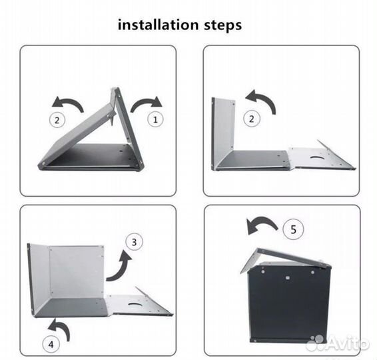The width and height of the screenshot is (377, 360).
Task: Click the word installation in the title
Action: pos(159,25)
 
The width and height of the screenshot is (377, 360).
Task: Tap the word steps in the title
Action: pos(223,26)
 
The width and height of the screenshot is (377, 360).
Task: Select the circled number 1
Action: pos(155,119)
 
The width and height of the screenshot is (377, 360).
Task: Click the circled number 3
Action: pos(134,242)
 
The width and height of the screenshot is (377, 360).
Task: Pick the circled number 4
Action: pos(51,345)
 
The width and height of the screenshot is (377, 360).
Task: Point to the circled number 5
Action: pos(293,229)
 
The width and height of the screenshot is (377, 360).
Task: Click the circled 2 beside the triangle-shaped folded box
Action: pos(57,120)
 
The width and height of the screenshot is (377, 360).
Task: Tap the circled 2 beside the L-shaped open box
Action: pos(252,119)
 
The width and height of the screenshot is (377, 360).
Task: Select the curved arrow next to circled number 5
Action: pos(261,223)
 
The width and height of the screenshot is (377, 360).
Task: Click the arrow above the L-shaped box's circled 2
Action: pos(263,100)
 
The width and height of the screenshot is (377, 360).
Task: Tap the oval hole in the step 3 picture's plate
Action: pos(135,305)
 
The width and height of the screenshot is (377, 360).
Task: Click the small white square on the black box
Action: pos(288,278)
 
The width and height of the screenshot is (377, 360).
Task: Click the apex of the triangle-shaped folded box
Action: pos(117,88)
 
